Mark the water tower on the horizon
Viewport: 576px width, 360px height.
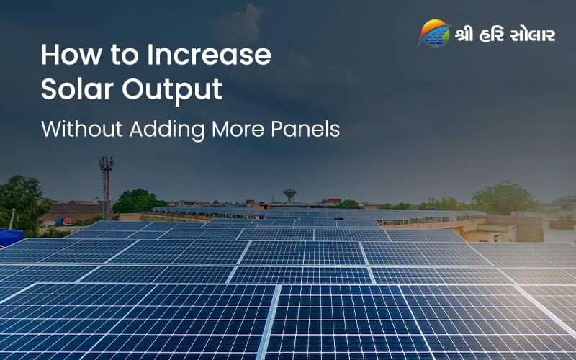(x=289, y=194)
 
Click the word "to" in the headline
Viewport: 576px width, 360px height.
(x=118, y=56)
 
